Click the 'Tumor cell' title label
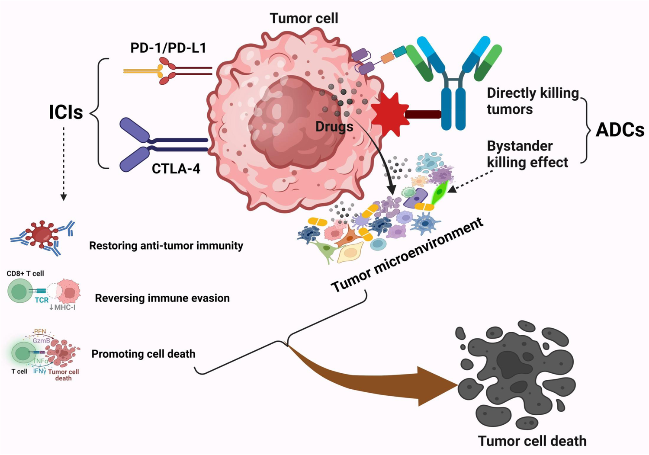pyautogui.click(x=304, y=18)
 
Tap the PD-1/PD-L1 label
pyautogui.click(x=168, y=48)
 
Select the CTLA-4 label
pyautogui.click(x=176, y=168)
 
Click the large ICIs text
pyautogui.click(x=66, y=112)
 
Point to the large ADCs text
pyautogui.click(x=620, y=130)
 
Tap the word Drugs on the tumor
pyautogui.click(x=334, y=127)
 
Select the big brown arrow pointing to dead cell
pyautogui.click(x=389, y=381)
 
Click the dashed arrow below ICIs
pyautogui.click(x=64, y=164)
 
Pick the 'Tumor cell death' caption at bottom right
pyautogui.click(x=532, y=441)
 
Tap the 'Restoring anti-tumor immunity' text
pyautogui.click(x=166, y=246)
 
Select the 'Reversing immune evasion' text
pyautogui.click(x=162, y=298)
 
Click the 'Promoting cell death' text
pyautogui.click(x=143, y=354)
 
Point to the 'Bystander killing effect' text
pyautogui.click(x=527, y=154)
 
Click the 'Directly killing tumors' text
pyautogui.click(x=532, y=101)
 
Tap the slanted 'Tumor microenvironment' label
pyautogui.click(x=407, y=255)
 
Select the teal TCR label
pyautogui.click(x=42, y=300)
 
